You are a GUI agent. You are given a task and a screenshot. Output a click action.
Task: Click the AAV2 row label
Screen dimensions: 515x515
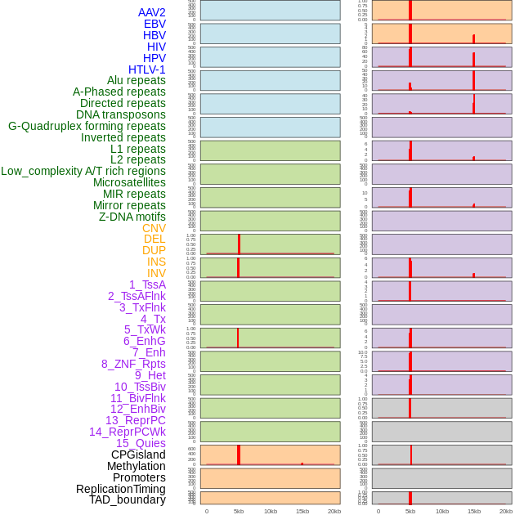151,12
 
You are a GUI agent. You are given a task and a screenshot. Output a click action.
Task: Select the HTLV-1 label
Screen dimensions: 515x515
146,69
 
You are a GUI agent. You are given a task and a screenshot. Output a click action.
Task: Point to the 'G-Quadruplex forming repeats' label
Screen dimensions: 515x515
87,126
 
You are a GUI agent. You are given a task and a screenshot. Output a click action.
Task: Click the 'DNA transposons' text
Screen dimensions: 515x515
121,114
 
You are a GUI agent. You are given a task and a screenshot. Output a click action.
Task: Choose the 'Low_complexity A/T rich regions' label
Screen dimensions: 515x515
83,171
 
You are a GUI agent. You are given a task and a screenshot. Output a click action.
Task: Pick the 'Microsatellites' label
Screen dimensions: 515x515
129,182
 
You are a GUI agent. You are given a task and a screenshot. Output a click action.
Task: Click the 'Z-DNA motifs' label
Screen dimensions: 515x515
132,217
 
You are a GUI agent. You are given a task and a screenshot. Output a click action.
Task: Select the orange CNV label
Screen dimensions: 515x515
154,228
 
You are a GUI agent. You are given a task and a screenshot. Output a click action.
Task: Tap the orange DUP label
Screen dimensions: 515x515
154,250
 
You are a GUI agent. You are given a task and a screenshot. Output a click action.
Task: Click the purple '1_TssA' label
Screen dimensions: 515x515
147,284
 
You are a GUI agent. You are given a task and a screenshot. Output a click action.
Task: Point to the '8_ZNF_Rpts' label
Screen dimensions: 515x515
133,364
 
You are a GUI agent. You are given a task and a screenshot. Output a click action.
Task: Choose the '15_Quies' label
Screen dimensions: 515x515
141,443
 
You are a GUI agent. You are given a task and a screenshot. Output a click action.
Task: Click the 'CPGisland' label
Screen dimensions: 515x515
138,455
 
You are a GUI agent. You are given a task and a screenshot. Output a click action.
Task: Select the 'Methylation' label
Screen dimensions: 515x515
136,466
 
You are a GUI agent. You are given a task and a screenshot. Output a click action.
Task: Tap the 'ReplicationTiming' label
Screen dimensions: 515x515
120,489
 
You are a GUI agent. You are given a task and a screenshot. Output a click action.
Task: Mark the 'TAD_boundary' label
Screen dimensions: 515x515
127,499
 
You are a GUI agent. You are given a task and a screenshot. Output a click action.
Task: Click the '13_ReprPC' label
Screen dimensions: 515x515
135,420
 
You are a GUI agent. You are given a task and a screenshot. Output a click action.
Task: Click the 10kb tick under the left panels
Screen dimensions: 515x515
271,511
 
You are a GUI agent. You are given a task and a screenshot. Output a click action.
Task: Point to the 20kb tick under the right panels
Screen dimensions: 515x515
505,511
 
